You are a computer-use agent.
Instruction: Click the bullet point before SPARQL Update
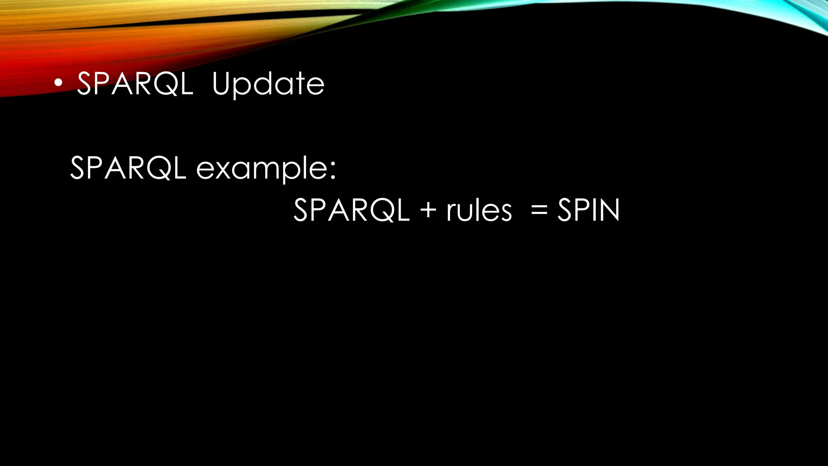tap(59, 83)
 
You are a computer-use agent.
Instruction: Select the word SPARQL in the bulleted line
tap(135, 84)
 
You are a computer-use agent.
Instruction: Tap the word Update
tap(268, 84)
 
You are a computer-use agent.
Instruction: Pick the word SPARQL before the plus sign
tap(351, 210)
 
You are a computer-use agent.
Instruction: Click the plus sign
tap(428, 211)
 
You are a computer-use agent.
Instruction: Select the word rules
tap(479, 211)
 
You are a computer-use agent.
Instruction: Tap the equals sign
tap(539, 211)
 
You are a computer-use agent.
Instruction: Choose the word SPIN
tap(588, 210)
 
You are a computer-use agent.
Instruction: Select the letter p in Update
tap(243, 87)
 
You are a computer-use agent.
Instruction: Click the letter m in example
tap(266, 170)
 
